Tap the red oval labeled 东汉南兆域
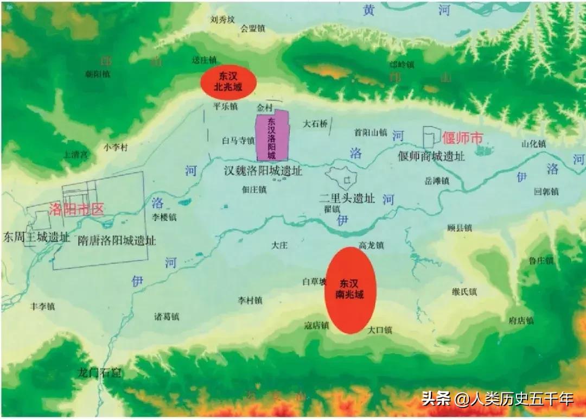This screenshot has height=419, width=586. pyautogui.click(x=351, y=290)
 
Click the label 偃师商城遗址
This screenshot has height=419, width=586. pyautogui.click(x=431, y=156)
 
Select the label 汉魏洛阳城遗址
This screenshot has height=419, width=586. pyautogui.click(x=263, y=171)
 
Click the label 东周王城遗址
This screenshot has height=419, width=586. pyautogui.click(x=36, y=237)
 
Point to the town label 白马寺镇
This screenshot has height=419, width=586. pyautogui.click(x=238, y=141)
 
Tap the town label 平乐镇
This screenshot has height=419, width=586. pyautogui.click(x=226, y=106)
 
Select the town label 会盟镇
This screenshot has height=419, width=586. pyautogui.click(x=253, y=29)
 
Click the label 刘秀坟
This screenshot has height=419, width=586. pyautogui.click(x=222, y=19)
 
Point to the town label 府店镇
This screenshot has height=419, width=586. pyautogui.click(x=521, y=320)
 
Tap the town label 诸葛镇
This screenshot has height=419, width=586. pyautogui.click(x=167, y=316)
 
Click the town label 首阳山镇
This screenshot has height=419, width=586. pyautogui.click(x=371, y=131)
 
